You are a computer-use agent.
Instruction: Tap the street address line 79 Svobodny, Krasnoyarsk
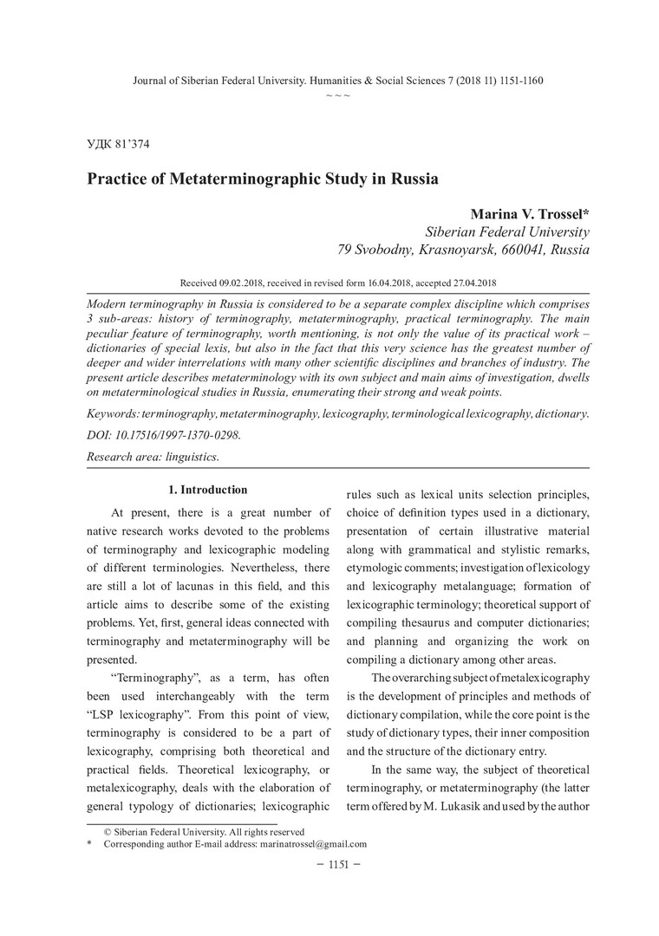(x=464, y=250)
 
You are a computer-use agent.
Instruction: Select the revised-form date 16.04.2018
(x=378, y=283)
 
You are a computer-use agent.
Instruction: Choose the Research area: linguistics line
(x=153, y=455)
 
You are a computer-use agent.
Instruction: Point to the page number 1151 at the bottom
(x=338, y=865)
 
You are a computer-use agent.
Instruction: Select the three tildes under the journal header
(x=337, y=93)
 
